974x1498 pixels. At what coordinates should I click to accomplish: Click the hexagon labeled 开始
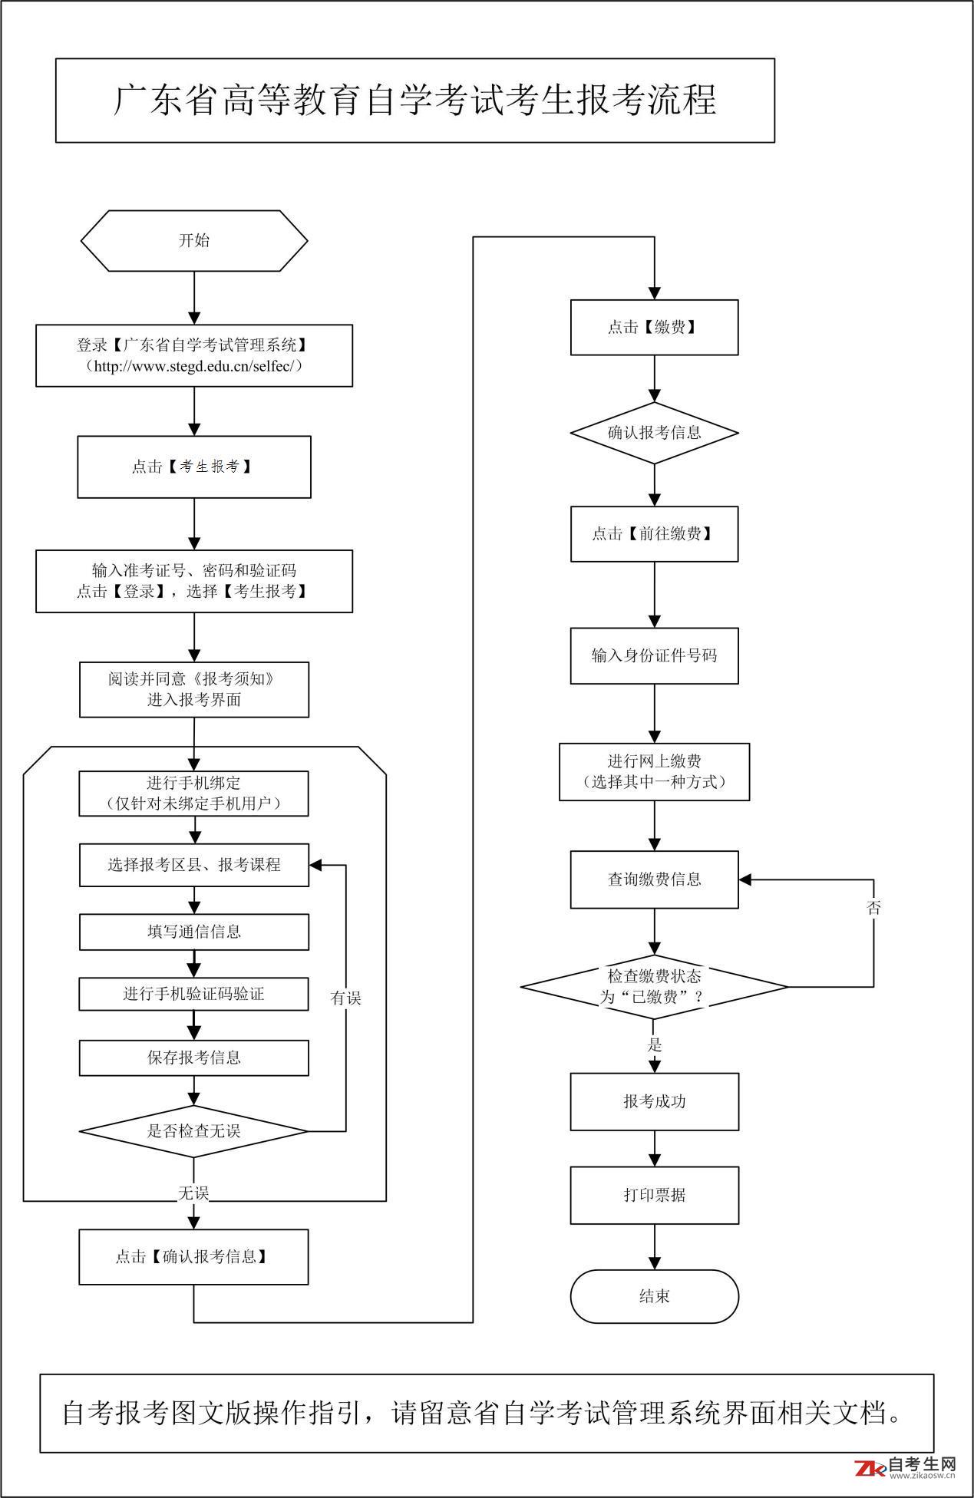tap(194, 240)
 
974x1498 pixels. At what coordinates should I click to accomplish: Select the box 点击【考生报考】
tap(194, 467)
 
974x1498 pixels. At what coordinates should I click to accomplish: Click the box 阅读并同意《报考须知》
tap(194, 689)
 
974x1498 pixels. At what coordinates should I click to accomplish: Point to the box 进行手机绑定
tap(194, 794)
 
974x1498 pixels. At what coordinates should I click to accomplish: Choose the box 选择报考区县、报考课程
tap(194, 865)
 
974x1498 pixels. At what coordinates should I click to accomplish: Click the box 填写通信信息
tap(194, 932)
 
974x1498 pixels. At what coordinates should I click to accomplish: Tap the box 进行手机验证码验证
tap(194, 994)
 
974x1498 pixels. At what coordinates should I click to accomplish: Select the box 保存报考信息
tap(194, 1058)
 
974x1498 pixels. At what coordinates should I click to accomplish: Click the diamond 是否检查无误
tap(194, 1130)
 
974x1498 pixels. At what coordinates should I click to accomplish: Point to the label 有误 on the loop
tap(345, 998)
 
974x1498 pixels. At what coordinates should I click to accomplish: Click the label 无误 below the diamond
tap(193, 1193)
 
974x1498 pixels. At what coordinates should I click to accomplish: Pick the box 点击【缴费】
tap(654, 328)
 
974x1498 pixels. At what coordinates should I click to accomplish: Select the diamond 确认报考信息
tap(654, 433)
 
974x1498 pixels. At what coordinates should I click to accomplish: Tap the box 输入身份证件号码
tap(654, 655)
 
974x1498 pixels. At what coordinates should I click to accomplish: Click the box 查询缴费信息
tap(654, 879)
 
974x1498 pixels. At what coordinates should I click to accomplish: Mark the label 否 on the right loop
tap(873, 908)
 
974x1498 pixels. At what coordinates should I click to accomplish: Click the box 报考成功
tap(654, 1101)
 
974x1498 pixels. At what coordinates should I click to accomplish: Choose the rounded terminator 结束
tap(654, 1296)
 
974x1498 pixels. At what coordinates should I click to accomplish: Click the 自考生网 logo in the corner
tap(906, 1467)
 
